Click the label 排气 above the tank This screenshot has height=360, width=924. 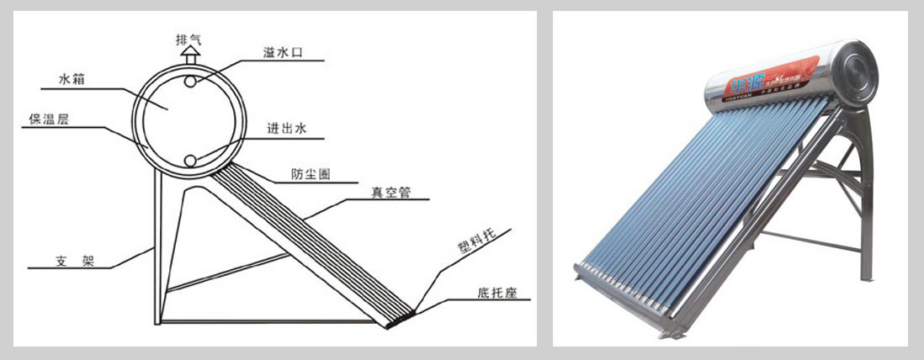[189, 39]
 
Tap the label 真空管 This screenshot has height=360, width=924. [390, 192]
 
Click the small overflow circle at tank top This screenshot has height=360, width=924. [193, 82]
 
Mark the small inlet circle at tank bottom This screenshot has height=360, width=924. [192, 161]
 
